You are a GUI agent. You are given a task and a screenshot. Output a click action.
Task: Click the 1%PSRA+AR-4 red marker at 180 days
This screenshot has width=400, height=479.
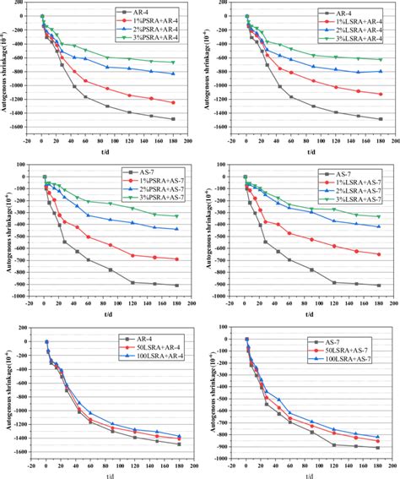point(173,103)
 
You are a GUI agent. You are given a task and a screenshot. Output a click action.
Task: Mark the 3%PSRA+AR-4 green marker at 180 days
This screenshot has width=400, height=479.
point(173,63)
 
